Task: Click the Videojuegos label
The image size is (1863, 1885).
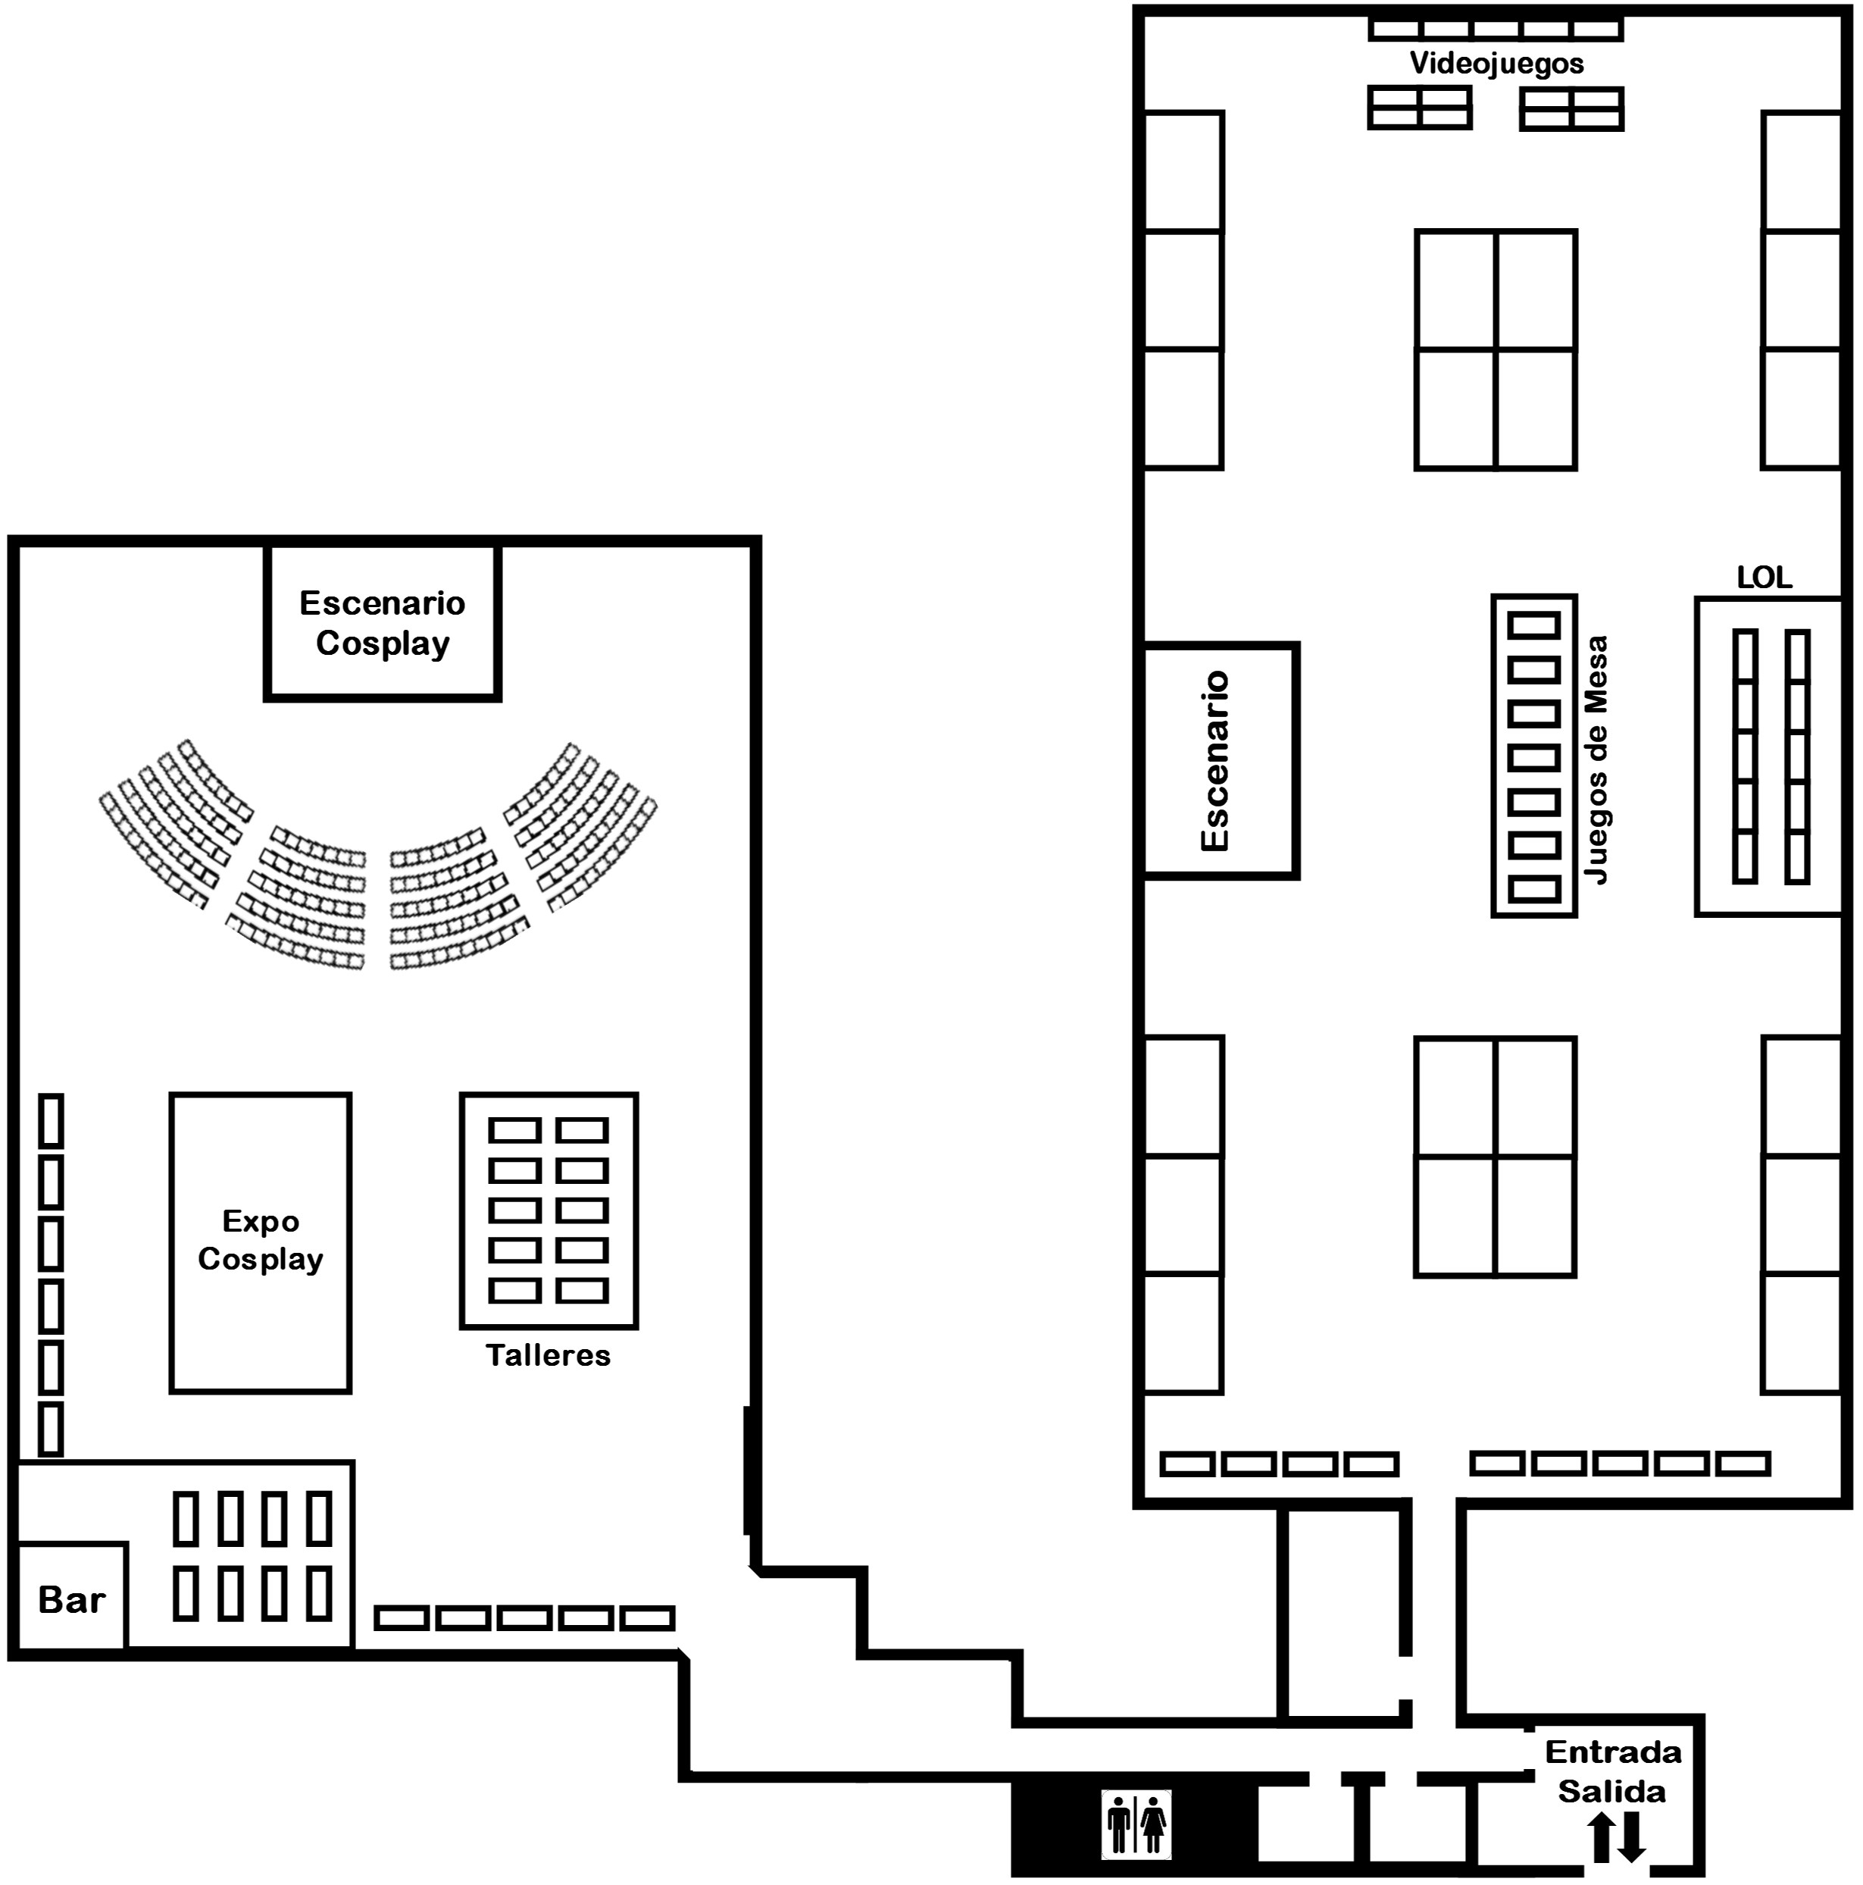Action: pos(1496,64)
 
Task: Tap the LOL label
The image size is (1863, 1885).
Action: pos(1765,578)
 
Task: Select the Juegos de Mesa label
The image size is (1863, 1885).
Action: pos(1596,760)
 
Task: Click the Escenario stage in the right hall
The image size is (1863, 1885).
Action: pos(1221,761)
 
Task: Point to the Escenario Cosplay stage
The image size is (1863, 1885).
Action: pos(383,622)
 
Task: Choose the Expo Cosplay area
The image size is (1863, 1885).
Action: pos(261,1243)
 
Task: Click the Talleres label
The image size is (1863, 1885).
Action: pos(549,1355)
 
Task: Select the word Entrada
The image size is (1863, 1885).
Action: pos(1613,1752)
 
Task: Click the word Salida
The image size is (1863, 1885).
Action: pos(1611,1791)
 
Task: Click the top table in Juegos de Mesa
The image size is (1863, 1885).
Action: pos(1534,625)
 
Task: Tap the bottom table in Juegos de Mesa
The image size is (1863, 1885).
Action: pos(1534,889)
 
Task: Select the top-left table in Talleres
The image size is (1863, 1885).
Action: pos(514,1130)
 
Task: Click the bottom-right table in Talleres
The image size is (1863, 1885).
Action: pos(583,1291)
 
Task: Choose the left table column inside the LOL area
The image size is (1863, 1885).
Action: pos(1745,757)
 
